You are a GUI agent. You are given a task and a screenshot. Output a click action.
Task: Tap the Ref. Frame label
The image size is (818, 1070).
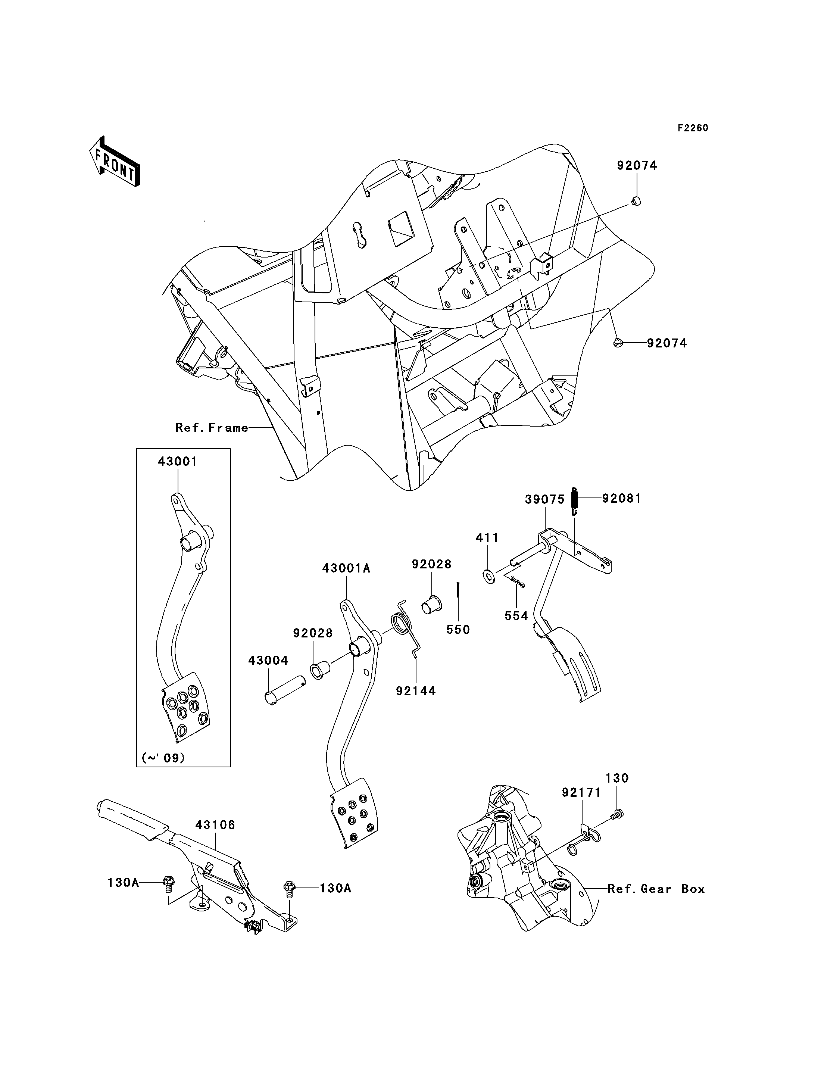[x=212, y=428]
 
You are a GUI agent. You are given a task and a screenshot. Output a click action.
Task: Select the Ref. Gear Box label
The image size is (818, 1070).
[x=656, y=889]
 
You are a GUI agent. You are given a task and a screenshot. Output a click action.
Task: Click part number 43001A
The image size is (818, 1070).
[x=346, y=568]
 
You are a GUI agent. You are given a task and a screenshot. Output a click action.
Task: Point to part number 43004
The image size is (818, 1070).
[x=268, y=661]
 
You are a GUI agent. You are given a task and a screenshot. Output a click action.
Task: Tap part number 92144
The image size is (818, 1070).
[x=416, y=690]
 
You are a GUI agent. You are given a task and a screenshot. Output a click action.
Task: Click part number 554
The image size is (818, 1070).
[x=516, y=616]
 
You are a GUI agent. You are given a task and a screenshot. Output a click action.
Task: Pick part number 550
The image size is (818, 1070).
[x=458, y=630]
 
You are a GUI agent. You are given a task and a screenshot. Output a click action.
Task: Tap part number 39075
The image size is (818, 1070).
[x=545, y=499]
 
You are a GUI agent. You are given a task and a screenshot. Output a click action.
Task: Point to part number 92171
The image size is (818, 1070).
[x=581, y=792]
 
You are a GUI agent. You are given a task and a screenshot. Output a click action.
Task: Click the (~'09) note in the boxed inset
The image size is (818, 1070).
[x=163, y=758]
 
